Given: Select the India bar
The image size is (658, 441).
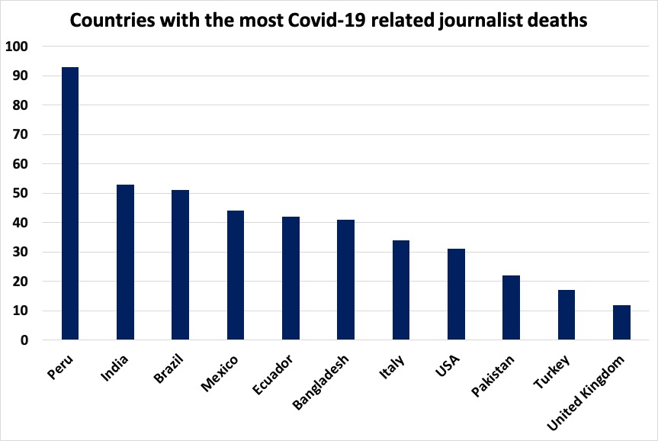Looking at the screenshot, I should (125, 262).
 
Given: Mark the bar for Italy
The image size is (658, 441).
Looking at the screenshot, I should (400, 291).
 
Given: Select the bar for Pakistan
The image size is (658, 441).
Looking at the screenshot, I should (511, 308).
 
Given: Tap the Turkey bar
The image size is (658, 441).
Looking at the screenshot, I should (566, 315).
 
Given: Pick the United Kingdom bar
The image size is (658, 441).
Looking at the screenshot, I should (621, 323).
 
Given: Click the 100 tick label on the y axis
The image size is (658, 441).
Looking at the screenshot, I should (16, 47).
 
